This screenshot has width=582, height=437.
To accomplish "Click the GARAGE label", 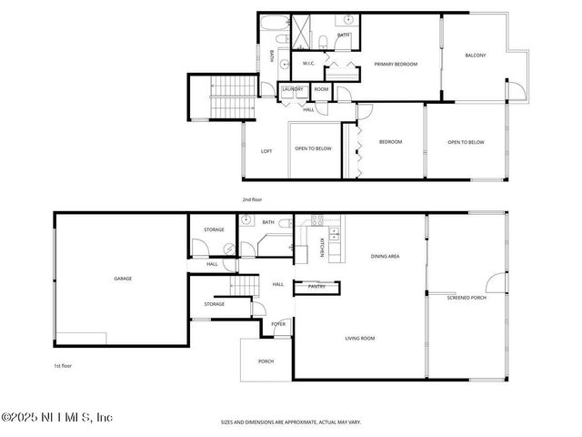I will coord(123,279).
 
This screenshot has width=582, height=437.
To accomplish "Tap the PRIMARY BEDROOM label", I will coord(396,65).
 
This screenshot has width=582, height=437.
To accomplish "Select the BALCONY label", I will coord(475,56).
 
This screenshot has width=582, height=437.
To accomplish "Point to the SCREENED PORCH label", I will coord(467,298).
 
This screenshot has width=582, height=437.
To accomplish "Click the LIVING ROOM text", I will coord(359,339).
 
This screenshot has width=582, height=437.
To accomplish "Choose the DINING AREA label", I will coord(385,257).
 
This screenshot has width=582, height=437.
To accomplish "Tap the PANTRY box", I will coord(316,287).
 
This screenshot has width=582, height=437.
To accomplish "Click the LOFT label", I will coord(266,151).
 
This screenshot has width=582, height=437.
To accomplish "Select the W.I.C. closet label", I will coord(308,64).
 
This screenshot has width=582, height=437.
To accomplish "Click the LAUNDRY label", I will coord(292,89).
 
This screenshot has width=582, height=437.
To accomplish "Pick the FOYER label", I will coord(278,323).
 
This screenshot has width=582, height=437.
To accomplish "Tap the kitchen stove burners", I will coord(317,219).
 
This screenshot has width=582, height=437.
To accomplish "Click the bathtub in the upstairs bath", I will coord(273,25).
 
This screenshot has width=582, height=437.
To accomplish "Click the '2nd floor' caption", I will coord(252,198).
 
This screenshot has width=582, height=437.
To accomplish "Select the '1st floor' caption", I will coord(63,365).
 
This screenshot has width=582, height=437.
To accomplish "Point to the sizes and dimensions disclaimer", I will coord(290,422).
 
